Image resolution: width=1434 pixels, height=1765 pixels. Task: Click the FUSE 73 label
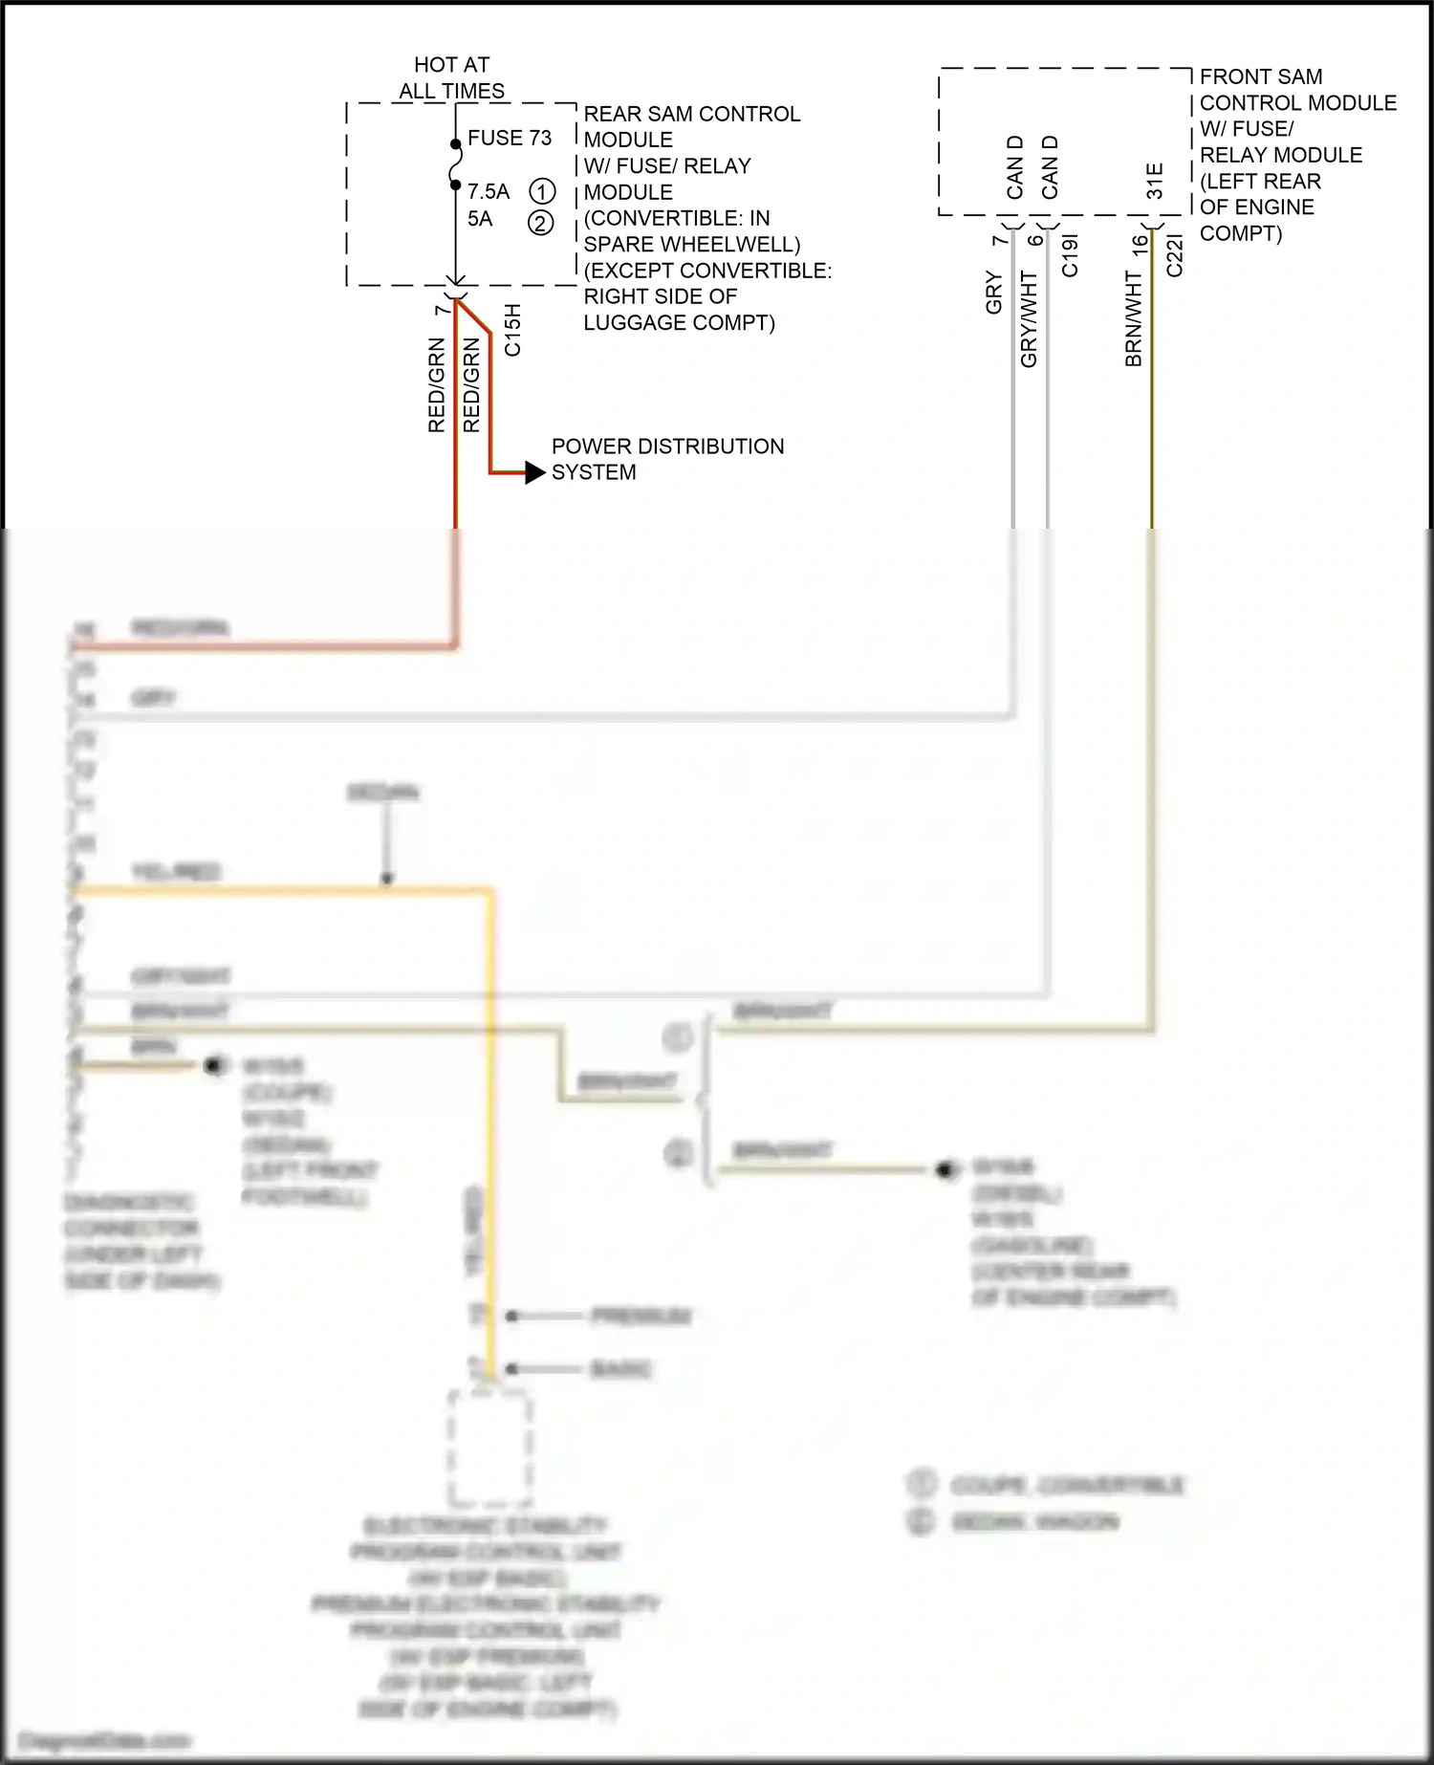(509, 138)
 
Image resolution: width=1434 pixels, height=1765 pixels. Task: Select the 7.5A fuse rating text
(489, 191)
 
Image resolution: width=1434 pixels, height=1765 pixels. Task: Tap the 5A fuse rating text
(480, 219)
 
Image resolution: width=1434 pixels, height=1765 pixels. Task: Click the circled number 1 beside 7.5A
(542, 190)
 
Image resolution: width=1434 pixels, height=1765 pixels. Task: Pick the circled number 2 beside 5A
(541, 224)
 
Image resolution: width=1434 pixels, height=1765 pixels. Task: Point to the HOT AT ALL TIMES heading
(451, 78)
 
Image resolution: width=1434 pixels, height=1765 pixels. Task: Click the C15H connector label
(512, 330)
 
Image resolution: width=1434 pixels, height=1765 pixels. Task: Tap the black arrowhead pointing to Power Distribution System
(534, 472)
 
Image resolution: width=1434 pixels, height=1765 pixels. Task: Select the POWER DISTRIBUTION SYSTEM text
(666, 459)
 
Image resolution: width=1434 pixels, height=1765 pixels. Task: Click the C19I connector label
(1070, 256)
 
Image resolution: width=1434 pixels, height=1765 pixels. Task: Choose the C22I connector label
(1175, 256)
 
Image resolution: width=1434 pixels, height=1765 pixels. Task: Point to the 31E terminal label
(1155, 181)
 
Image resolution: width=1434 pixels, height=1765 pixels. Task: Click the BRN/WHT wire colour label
(1134, 318)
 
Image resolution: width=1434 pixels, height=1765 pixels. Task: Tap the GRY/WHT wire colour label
(1029, 318)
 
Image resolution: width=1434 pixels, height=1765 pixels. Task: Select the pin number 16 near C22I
(1139, 244)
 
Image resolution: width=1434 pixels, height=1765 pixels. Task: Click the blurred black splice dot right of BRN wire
(215, 1065)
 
